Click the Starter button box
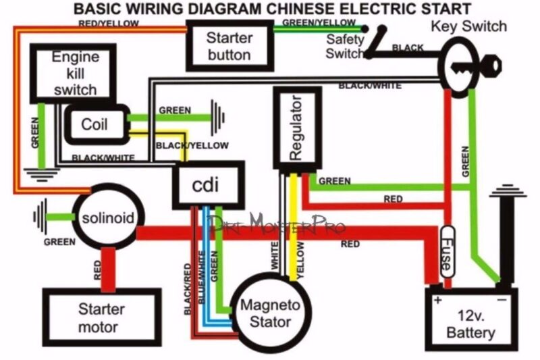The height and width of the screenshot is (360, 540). [229, 45]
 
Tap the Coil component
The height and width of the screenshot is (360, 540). [94, 125]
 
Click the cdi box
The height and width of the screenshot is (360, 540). [206, 182]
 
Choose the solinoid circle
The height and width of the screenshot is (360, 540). [109, 217]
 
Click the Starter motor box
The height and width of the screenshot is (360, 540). [101, 318]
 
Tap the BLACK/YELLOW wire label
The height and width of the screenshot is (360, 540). [192, 145]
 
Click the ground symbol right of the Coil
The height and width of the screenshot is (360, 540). [218, 113]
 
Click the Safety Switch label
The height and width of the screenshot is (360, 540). [345, 46]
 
